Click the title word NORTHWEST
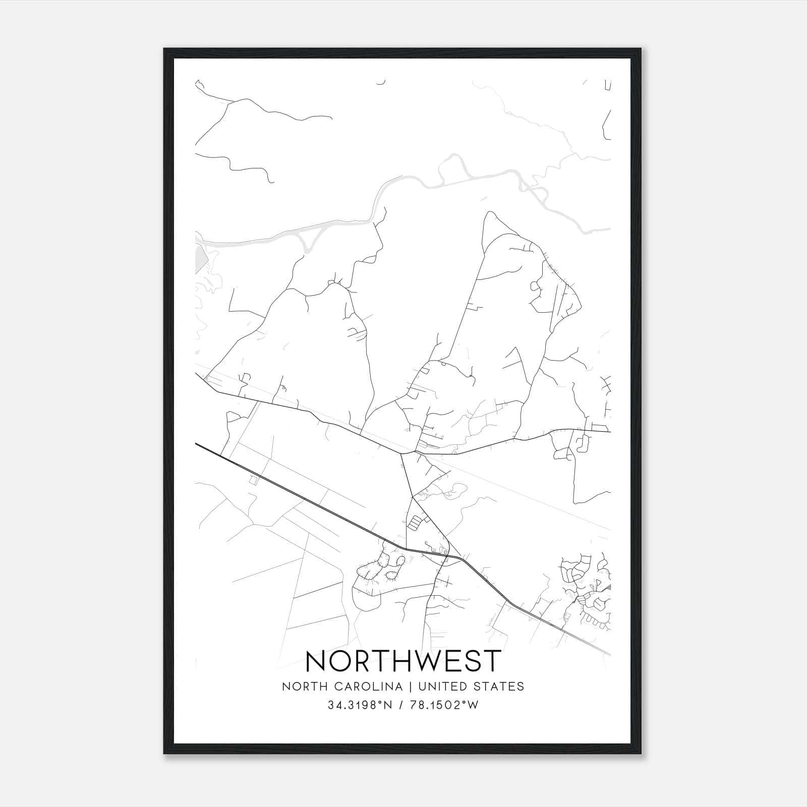coord(403,661)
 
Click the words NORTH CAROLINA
coord(342,686)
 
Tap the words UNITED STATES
coord(471,686)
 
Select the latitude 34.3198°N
coord(360,706)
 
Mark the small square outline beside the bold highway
coord(254,481)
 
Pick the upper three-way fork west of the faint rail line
coord(401,453)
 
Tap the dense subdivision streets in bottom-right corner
coord(588,590)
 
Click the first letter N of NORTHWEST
coord(316,661)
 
